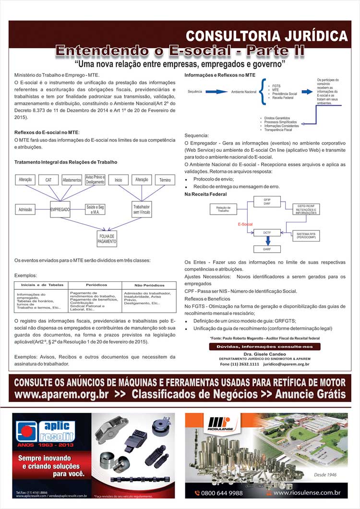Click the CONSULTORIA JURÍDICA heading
point(266,36)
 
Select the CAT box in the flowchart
point(48,180)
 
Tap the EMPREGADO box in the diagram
point(60,210)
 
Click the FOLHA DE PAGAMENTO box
point(107,239)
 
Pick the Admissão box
point(25,210)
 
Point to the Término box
point(165,180)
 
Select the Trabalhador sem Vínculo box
point(142,210)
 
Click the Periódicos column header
point(96,285)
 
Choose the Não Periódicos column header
point(149,285)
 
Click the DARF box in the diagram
point(267,250)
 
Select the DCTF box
point(267,232)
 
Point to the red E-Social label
point(245,224)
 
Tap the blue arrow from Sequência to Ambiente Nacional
point(216,91)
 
